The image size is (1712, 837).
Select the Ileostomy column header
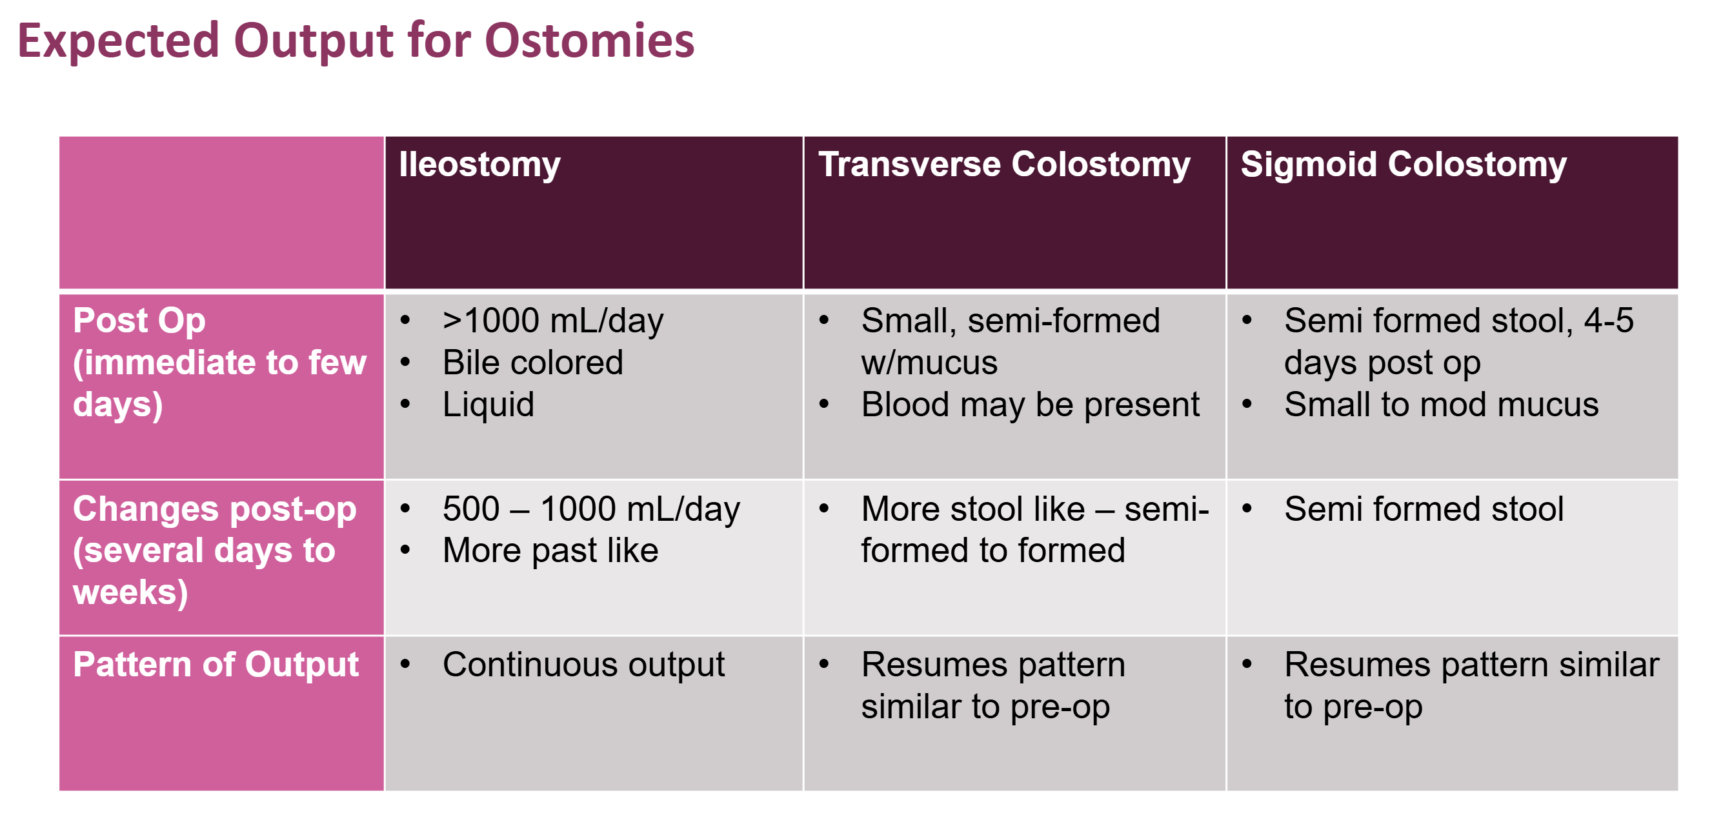point(479,164)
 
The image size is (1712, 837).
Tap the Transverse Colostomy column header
point(1003,164)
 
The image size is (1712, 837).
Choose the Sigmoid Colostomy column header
point(1403,164)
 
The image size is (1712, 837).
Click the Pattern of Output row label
point(216,665)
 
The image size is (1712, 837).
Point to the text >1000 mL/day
point(552,321)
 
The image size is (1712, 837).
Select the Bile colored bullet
point(532,363)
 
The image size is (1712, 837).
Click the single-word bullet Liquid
point(488,405)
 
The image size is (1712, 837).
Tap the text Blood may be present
point(1030,405)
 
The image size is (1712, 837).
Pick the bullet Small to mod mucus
point(1441,405)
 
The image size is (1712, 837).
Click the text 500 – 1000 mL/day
point(591,509)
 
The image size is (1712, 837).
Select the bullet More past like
point(550,551)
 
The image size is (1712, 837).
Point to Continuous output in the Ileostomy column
point(583,665)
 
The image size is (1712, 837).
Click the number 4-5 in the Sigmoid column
point(1608,321)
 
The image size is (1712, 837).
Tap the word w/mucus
point(929,363)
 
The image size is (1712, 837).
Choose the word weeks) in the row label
point(130,592)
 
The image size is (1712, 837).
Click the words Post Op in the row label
point(139,321)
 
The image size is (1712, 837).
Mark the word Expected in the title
point(118,41)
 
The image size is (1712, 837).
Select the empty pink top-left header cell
point(221,213)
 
